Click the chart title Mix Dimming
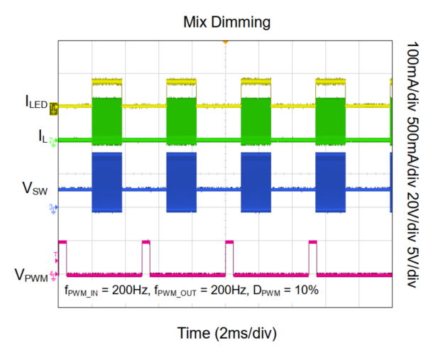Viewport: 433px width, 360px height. pos(225,22)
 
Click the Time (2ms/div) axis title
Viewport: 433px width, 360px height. pos(225,332)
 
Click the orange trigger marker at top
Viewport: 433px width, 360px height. pos(225,43)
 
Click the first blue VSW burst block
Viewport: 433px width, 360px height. pos(107,182)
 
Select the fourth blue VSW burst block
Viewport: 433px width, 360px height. pos(330,182)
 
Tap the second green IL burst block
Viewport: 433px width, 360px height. pos(181,119)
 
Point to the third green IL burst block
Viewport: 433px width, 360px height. pos(256,119)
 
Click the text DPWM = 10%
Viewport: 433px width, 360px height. pos(288,290)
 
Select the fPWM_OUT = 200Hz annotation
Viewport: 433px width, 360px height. pos(194,290)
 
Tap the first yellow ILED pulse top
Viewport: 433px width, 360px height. pos(107,82)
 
